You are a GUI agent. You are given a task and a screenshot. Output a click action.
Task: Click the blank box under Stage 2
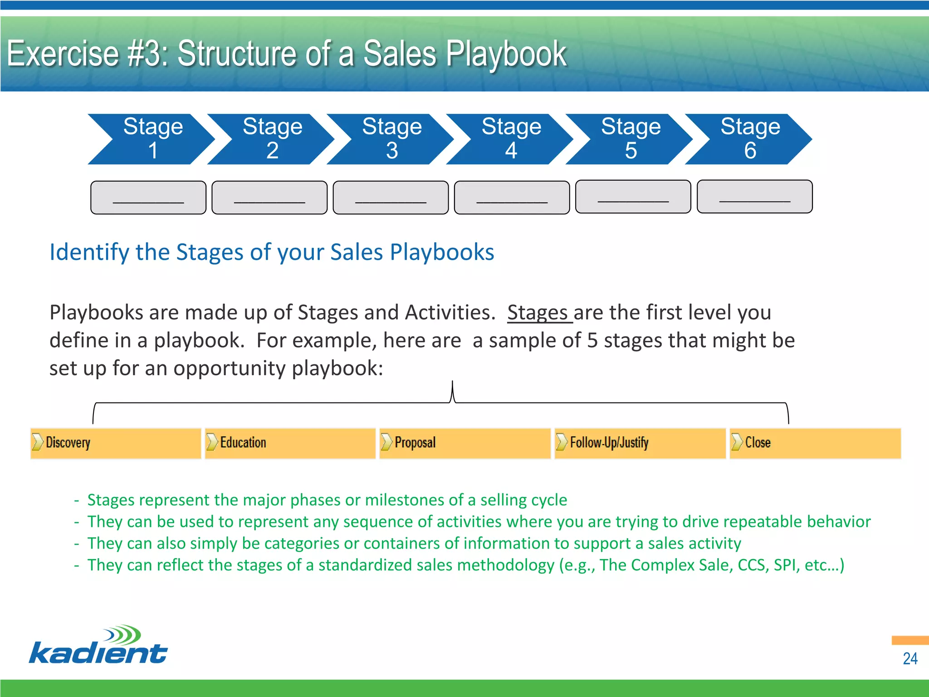tap(269, 198)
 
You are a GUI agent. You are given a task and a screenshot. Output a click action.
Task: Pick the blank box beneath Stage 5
tap(633, 197)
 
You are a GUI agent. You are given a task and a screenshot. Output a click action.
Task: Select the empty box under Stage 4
tap(512, 198)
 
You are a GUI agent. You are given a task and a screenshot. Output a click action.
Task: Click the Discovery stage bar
tap(116, 443)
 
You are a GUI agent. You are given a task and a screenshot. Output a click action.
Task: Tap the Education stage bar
tap(290, 443)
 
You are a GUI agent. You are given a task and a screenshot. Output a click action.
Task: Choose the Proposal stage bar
tap(465, 443)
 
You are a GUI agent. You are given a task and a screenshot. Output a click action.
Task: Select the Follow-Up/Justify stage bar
tap(640, 443)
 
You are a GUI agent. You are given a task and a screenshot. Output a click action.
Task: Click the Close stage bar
tap(815, 443)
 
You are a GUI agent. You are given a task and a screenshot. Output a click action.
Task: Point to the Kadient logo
tap(98, 645)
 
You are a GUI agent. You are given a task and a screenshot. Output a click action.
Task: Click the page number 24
tap(909, 658)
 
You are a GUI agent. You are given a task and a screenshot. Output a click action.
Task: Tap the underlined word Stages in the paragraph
tap(538, 313)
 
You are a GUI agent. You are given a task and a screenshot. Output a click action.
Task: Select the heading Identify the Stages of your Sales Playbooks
tap(272, 252)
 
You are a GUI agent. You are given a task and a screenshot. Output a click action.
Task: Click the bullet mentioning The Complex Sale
tap(465, 565)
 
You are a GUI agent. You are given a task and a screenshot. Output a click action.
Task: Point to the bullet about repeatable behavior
tap(479, 522)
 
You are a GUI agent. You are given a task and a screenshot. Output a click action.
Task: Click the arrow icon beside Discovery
tap(37, 442)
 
